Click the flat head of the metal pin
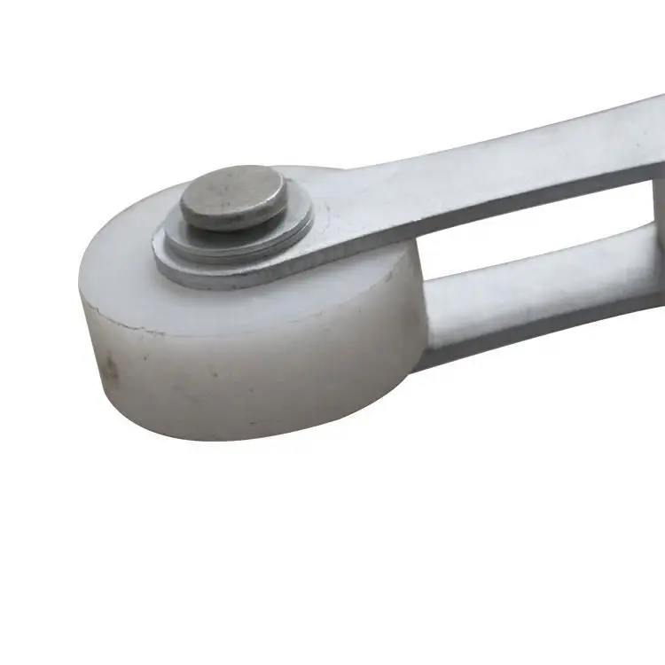[x=233, y=196]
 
